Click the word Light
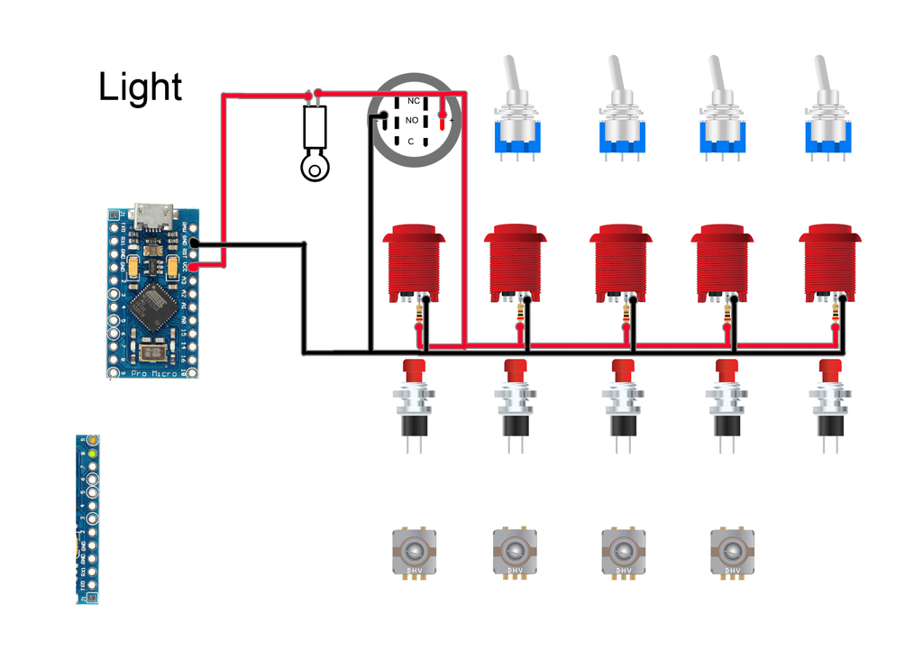tap(141, 87)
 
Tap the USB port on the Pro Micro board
tap(153, 217)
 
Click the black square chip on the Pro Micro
tap(150, 307)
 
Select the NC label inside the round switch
tap(414, 101)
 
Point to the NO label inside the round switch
tap(412, 120)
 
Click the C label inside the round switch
tap(411, 142)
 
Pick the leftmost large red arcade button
tap(415, 262)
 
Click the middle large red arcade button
tap(621, 262)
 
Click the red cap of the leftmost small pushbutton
tap(414, 370)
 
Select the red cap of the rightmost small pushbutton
tap(830, 370)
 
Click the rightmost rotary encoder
tap(731, 550)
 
